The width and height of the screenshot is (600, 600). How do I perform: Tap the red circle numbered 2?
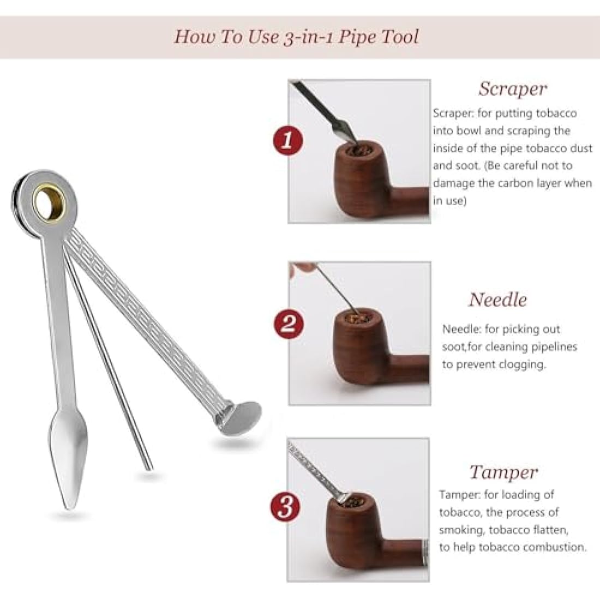click(287, 325)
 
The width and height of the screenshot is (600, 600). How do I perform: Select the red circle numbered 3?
click(286, 507)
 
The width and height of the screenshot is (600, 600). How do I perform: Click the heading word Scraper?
click(512, 88)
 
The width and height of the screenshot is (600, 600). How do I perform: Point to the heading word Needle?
click(497, 299)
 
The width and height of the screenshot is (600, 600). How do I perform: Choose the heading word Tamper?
click(503, 472)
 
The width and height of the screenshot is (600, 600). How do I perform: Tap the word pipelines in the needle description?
click(550, 347)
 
